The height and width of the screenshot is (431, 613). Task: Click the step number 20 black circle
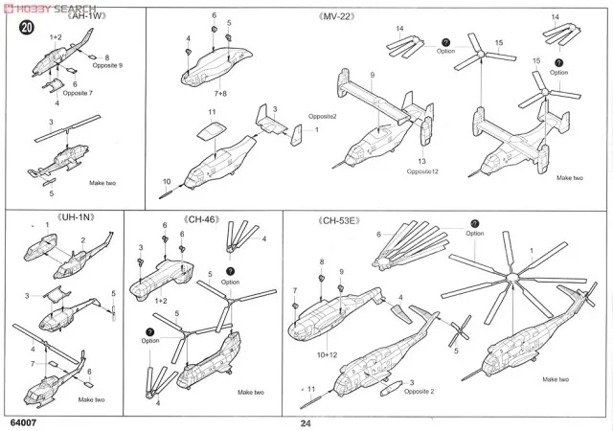point(25,27)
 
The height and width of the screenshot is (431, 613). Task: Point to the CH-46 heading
point(205,219)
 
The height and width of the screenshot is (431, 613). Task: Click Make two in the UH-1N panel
point(92,399)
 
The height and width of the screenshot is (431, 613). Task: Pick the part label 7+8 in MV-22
point(220,94)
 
